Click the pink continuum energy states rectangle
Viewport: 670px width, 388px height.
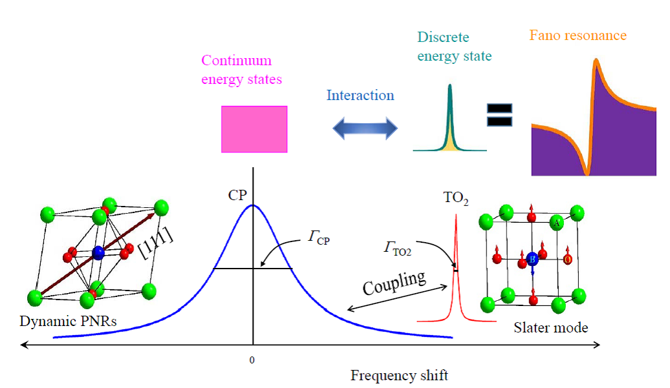pos(254,129)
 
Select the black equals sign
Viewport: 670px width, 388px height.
pos(499,114)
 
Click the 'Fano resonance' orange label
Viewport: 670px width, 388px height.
pos(578,36)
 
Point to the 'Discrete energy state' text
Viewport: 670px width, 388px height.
pos(454,46)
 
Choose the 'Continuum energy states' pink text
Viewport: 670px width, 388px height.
pos(241,70)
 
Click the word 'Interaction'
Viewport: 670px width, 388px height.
pos(360,96)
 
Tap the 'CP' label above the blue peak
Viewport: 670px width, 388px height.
pos(237,195)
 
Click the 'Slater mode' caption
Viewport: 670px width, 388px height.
pos(551,328)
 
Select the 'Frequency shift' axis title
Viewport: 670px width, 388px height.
pos(399,375)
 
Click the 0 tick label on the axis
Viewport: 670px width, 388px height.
pos(252,359)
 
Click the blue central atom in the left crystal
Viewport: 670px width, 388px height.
pos(98,252)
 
